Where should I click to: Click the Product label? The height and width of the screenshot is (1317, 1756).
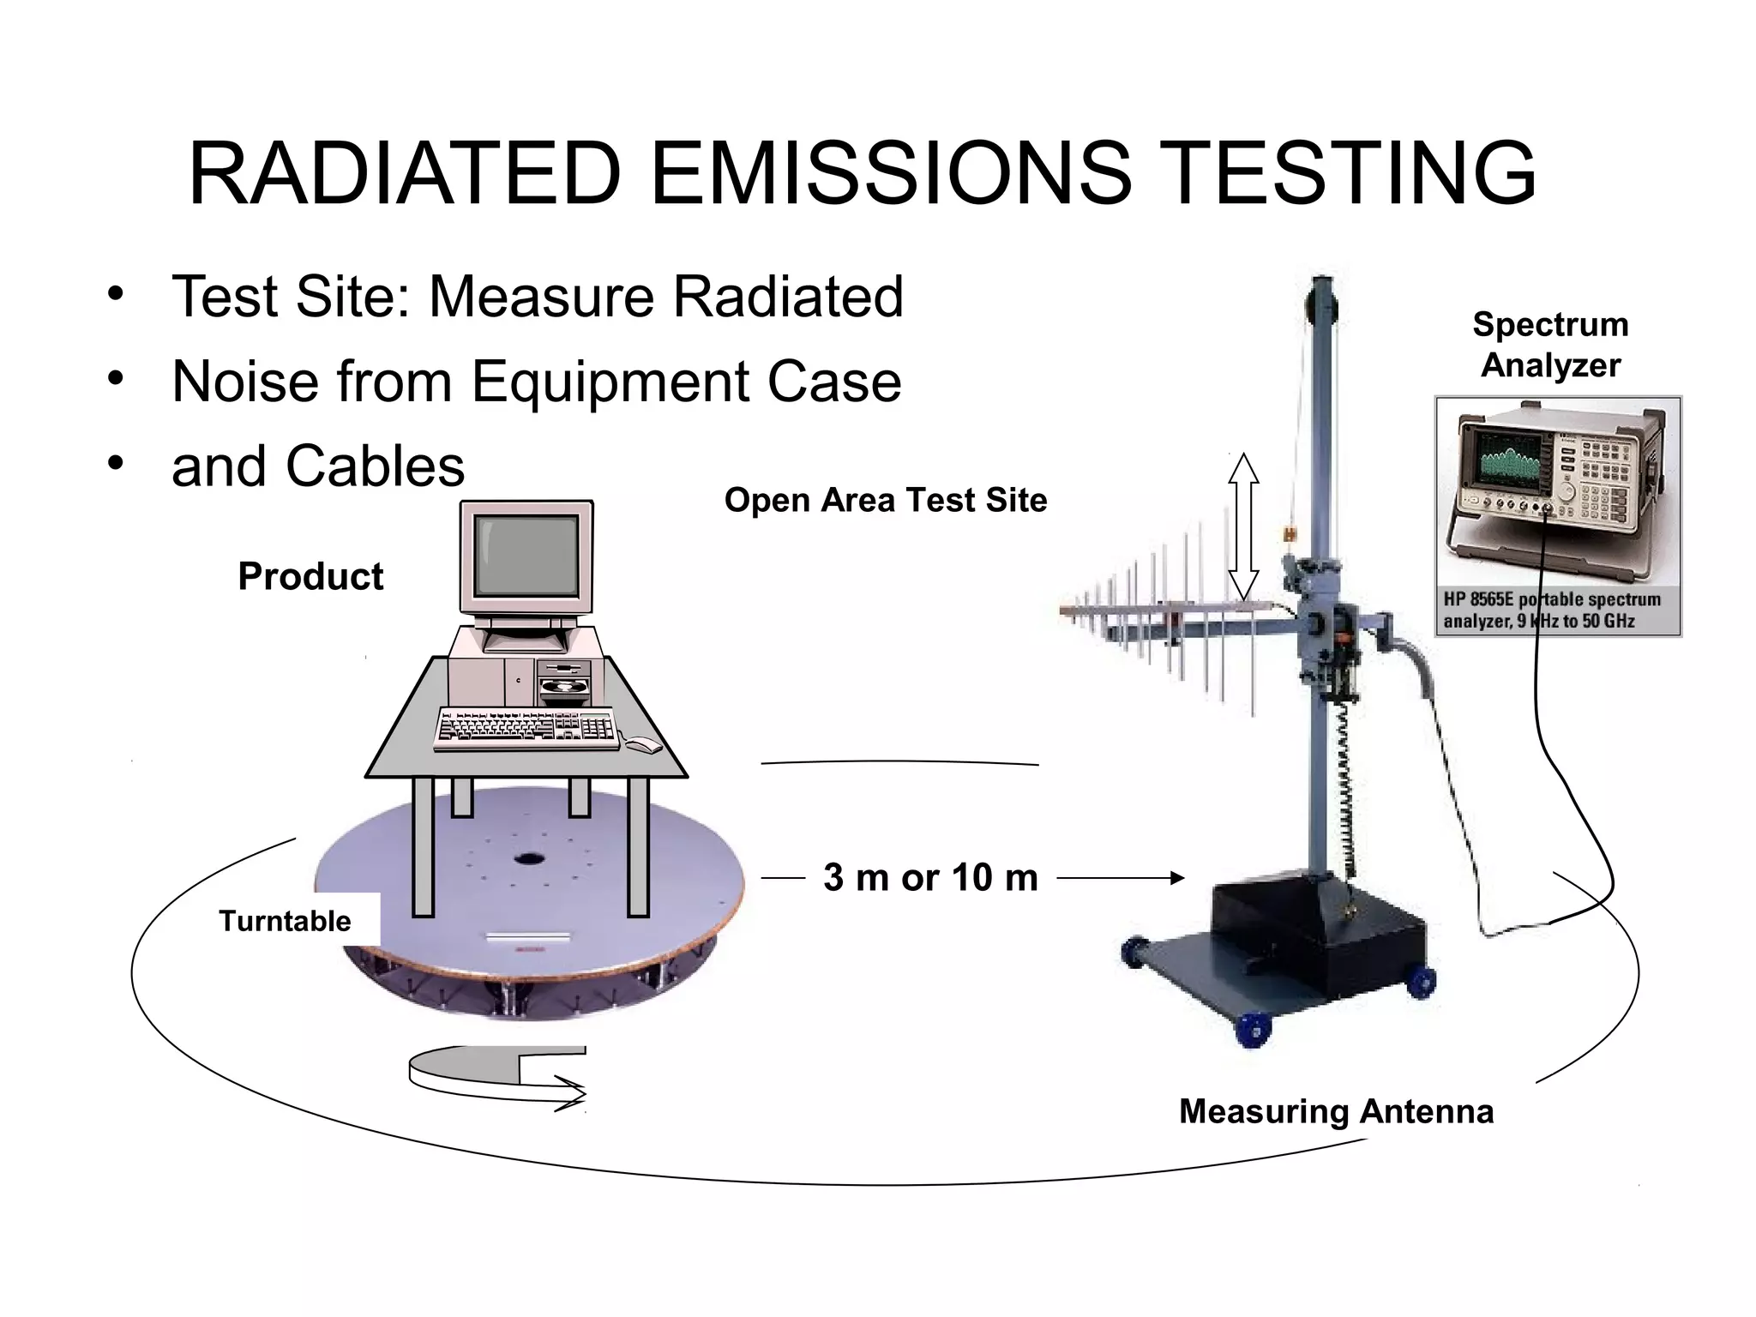click(x=310, y=576)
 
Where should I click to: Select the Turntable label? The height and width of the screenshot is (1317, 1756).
click(x=285, y=921)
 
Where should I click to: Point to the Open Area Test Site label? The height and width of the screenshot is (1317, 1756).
click(x=886, y=500)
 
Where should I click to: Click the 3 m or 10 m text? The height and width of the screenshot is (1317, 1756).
click(x=930, y=877)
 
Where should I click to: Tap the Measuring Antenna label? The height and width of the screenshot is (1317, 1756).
click(x=1336, y=1111)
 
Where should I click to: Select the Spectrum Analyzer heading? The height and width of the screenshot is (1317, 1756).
click(x=1550, y=345)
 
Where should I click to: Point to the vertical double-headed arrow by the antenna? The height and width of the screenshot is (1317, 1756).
click(x=1243, y=526)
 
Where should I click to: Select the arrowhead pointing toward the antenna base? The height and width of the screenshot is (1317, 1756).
click(x=1177, y=877)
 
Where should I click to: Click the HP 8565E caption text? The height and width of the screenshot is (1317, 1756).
click(x=1552, y=610)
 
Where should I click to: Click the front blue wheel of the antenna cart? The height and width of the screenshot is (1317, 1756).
click(x=1254, y=1029)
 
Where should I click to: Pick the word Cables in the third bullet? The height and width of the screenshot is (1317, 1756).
click(x=375, y=466)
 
